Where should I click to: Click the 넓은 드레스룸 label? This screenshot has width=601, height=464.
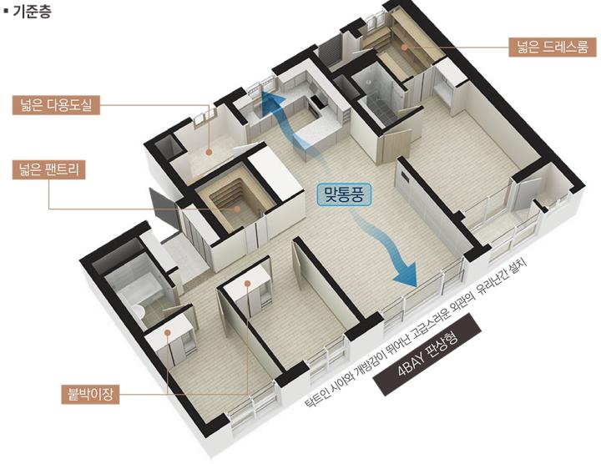pos(553,47)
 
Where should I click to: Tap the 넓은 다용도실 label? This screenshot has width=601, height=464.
pos(56,104)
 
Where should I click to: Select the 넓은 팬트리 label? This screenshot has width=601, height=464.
pos(48,169)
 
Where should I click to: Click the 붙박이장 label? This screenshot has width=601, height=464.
pos(90,394)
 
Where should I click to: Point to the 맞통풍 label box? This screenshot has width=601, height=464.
pos(344,195)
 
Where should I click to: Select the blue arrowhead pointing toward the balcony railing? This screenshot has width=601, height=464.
pos(406,273)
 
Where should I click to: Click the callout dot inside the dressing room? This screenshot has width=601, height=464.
pos(404,47)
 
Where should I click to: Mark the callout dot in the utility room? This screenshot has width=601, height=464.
pos(209,152)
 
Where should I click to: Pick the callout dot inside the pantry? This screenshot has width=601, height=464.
pos(237,209)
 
